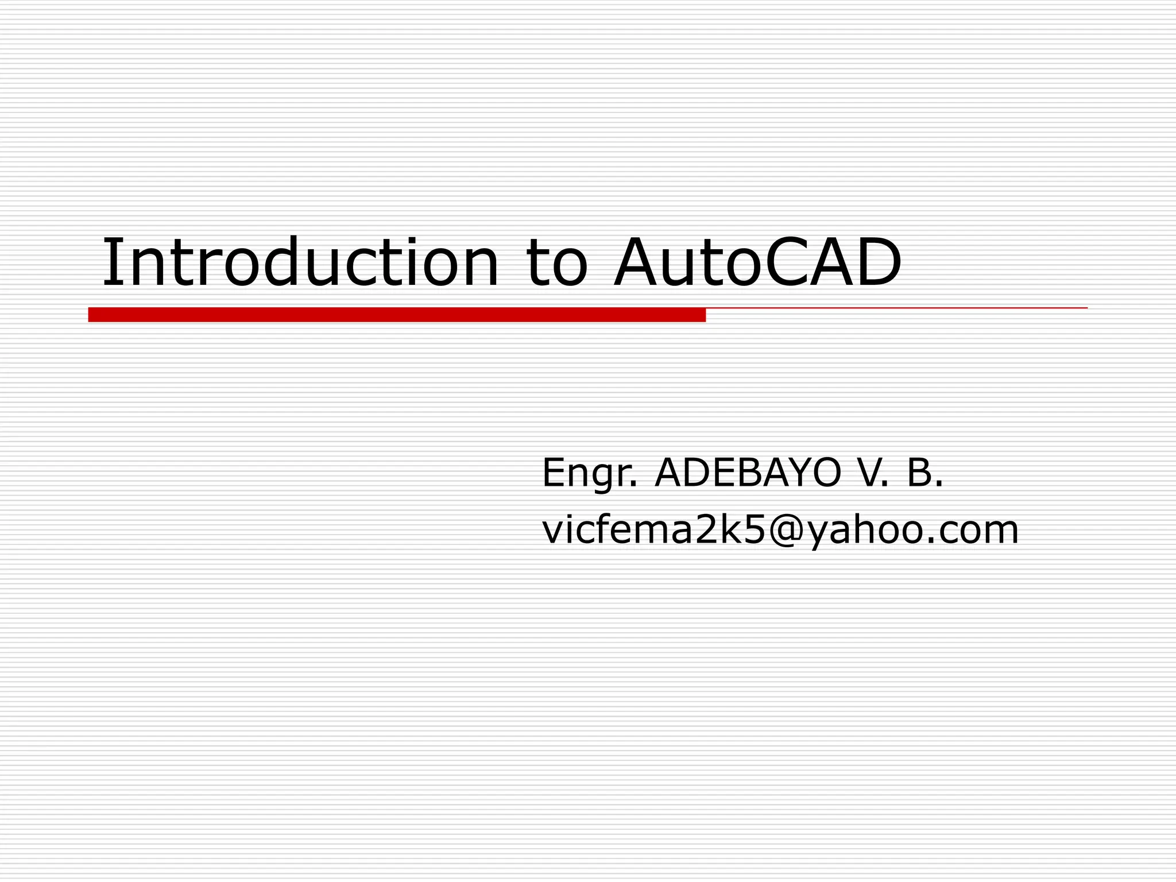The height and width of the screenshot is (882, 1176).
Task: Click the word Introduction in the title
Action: point(300,262)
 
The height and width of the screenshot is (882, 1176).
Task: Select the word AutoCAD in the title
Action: point(757,262)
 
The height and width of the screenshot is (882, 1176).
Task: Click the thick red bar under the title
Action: point(396,315)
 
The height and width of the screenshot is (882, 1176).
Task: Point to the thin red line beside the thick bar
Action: point(896,308)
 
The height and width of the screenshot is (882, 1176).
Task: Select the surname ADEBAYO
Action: point(748,473)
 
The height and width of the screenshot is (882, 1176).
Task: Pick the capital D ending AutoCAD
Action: point(876,262)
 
